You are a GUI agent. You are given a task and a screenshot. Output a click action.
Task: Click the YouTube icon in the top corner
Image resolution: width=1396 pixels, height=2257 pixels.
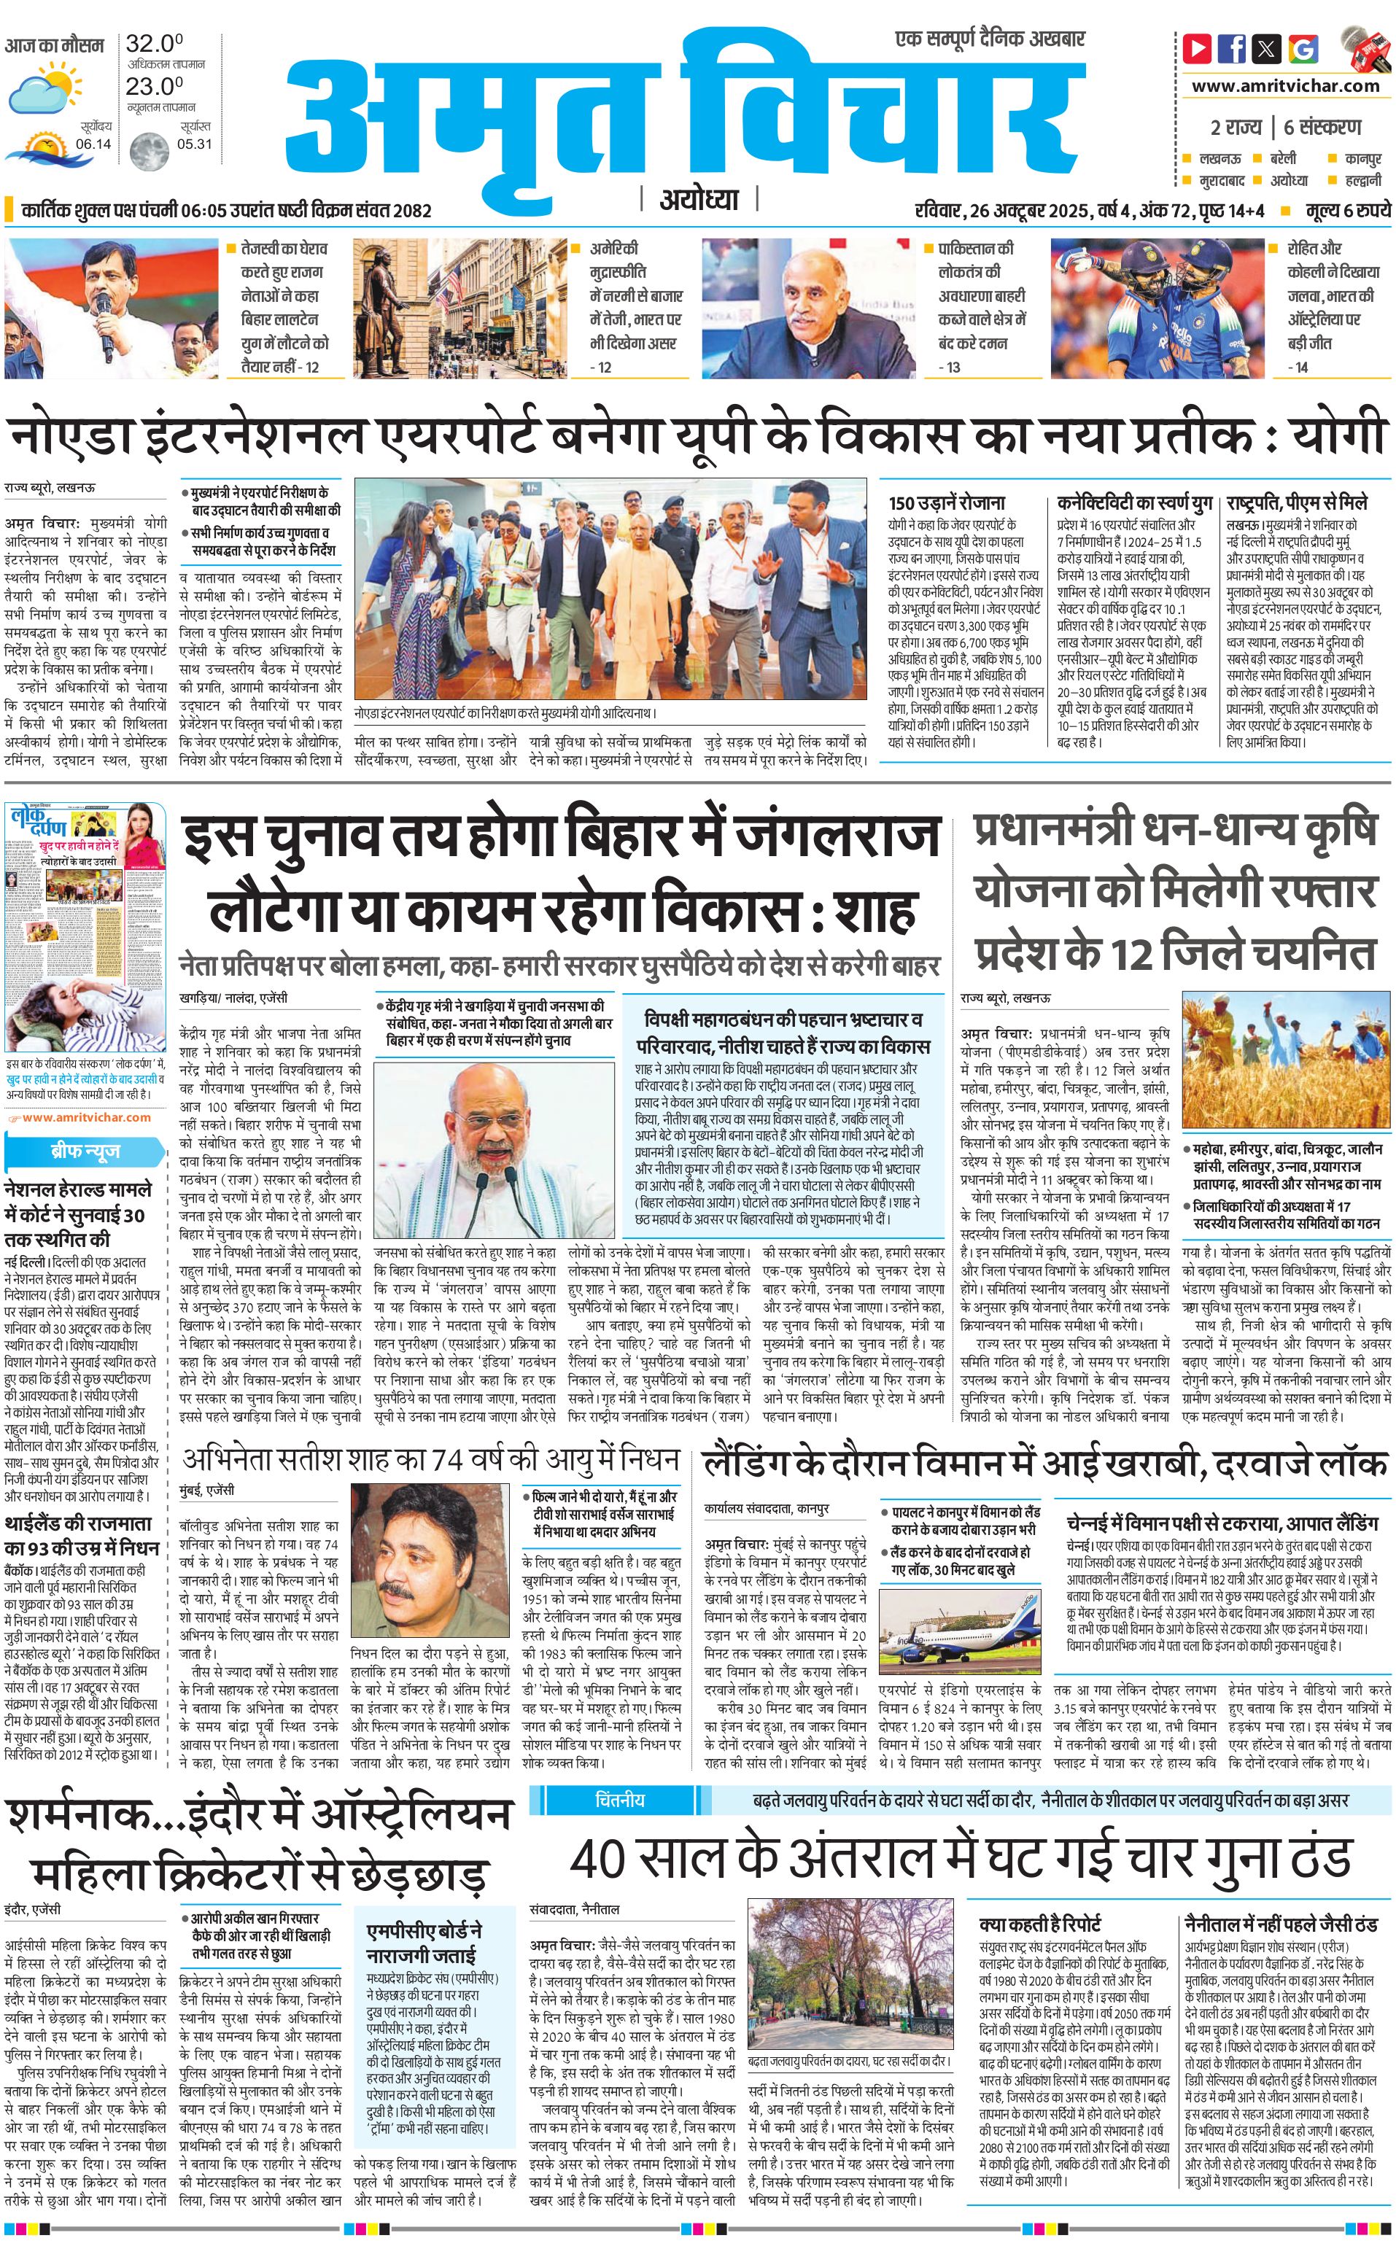[x=1198, y=48]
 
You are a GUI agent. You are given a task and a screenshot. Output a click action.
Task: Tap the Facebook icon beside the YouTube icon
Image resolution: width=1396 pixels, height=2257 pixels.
[x=1232, y=48]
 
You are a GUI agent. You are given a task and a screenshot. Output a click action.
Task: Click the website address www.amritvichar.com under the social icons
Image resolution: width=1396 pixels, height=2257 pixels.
[x=1285, y=86]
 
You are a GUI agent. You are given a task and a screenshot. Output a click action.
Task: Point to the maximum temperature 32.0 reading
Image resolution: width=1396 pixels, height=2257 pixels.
[x=154, y=43]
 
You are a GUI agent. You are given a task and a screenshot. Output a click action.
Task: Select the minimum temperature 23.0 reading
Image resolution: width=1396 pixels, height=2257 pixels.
[x=154, y=86]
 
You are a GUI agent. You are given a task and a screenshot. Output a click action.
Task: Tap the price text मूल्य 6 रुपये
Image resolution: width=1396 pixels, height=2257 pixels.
[x=1347, y=211]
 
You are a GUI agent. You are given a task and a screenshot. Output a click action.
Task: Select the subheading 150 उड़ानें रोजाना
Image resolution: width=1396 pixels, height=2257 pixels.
[x=947, y=503]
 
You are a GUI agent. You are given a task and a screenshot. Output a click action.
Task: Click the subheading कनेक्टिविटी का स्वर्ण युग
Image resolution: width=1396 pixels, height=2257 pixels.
[x=1135, y=503]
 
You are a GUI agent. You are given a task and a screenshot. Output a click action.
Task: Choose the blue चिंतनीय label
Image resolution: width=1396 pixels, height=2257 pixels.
[x=621, y=1800]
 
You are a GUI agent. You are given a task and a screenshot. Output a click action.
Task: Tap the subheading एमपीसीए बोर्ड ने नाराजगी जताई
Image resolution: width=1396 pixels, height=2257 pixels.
[x=424, y=1942]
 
